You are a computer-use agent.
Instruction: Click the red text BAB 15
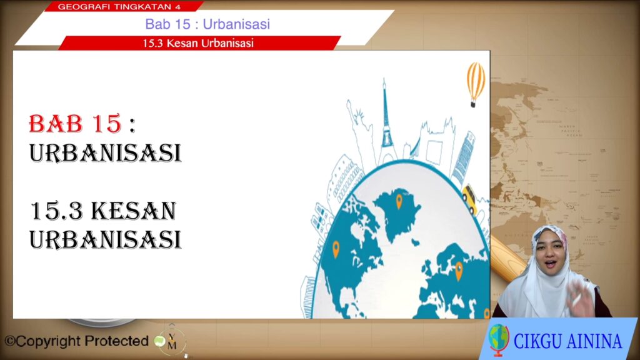click(75, 124)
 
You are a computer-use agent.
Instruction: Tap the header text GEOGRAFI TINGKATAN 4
click(119, 7)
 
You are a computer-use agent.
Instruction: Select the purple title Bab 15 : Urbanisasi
click(207, 24)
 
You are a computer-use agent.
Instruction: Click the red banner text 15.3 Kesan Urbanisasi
click(198, 43)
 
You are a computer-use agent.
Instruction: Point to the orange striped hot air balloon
click(476, 84)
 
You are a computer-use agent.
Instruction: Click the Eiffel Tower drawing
click(385, 121)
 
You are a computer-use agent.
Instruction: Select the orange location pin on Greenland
click(399, 202)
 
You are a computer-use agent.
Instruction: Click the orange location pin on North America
click(336, 249)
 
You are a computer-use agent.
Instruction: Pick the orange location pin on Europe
click(459, 271)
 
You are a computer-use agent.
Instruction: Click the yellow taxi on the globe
click(470, 199)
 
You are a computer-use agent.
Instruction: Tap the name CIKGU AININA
click(567, 341)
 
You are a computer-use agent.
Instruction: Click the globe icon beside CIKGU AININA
click(499, 339)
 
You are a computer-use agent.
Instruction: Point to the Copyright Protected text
click(77, 341)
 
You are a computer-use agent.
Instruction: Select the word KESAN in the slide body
click(134, 211)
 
